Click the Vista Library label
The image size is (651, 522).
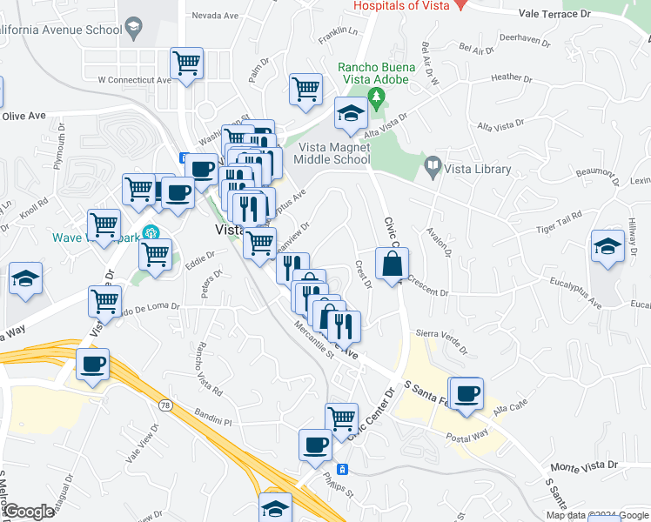point(478,169)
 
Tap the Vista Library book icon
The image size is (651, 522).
point(432,164)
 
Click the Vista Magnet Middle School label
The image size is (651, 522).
point(332,153)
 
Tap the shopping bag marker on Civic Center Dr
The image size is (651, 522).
point(392,262)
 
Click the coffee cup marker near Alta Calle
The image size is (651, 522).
point(466,392)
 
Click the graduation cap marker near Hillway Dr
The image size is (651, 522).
point(607,246)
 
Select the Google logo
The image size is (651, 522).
point(28,512)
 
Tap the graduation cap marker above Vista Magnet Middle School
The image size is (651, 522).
point(352,113)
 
